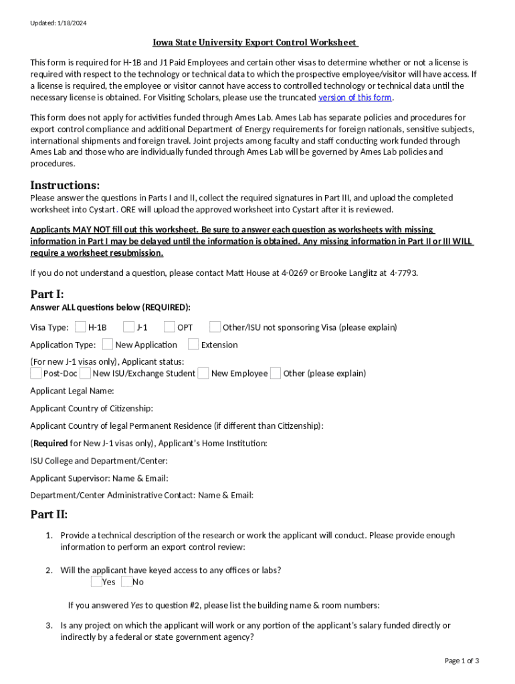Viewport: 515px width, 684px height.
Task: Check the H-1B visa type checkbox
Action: point(80,327)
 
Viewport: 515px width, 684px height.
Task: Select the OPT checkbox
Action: point(169,327)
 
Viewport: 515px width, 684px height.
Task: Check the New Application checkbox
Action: point(107,345)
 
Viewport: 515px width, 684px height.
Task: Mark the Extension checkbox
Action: point(193,345)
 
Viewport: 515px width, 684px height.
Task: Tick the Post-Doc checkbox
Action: point(36,373)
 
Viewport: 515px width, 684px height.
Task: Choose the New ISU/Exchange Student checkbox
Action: point(85,373)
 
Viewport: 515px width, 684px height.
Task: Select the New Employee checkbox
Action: point(203,373)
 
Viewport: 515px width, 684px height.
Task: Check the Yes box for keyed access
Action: point(96,582)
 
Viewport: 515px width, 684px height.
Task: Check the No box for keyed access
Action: point(126,582)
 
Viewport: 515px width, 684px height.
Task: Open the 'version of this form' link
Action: point(354,98)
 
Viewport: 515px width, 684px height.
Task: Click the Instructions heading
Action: point(65,185)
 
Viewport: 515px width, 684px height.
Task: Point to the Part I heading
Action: point(47,294)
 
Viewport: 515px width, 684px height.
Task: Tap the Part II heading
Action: point(49,514)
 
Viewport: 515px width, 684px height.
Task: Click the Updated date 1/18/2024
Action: point(58,23)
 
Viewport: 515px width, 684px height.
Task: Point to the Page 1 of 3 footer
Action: point(461,661)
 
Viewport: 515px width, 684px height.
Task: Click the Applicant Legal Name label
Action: point(72,391)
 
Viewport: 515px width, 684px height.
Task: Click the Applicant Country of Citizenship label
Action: point(92,408)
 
